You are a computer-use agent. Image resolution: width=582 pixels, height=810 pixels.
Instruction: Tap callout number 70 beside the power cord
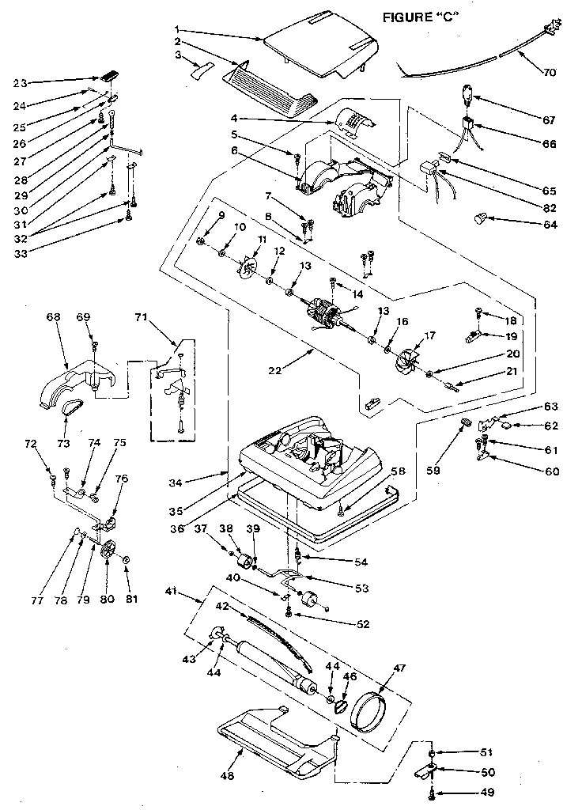[x=550, y=72]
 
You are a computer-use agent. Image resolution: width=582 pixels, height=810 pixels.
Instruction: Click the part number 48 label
[x=228, y=776]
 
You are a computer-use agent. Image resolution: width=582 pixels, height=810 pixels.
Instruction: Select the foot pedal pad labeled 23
[x=109, y=77]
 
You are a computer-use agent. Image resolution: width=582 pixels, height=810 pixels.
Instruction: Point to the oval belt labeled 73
[x=71, y=408]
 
